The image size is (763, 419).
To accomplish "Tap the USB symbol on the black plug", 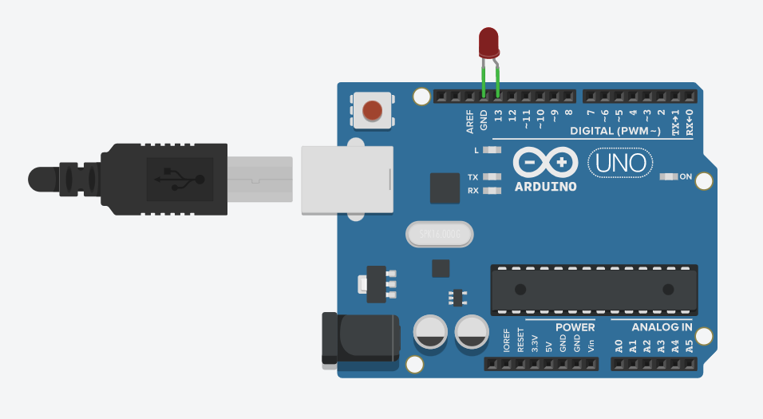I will tap(180, 179).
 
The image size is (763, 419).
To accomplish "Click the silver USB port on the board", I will tap(347, 180).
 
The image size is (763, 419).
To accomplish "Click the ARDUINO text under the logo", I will tap(546, 188).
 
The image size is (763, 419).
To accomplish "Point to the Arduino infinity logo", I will tap(546, 162).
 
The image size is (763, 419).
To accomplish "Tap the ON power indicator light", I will tap(669, 176).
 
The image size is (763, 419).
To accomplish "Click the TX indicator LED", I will tap(492, 177).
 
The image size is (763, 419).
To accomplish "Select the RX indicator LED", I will tap(492, 191).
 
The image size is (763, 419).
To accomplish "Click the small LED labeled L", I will tap(492, 150).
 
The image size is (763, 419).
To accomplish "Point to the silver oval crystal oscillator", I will tap(439, 235).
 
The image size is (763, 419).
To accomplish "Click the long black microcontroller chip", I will tap(594, 288).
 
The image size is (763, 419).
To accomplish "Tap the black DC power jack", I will tap(359, 338).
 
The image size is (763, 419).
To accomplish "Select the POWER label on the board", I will tap(575, 327).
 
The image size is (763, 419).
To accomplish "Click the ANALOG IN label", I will tap(662, 327).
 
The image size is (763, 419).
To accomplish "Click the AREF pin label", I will tap(470, 121).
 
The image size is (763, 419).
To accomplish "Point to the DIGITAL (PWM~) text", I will tap(615, 131).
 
